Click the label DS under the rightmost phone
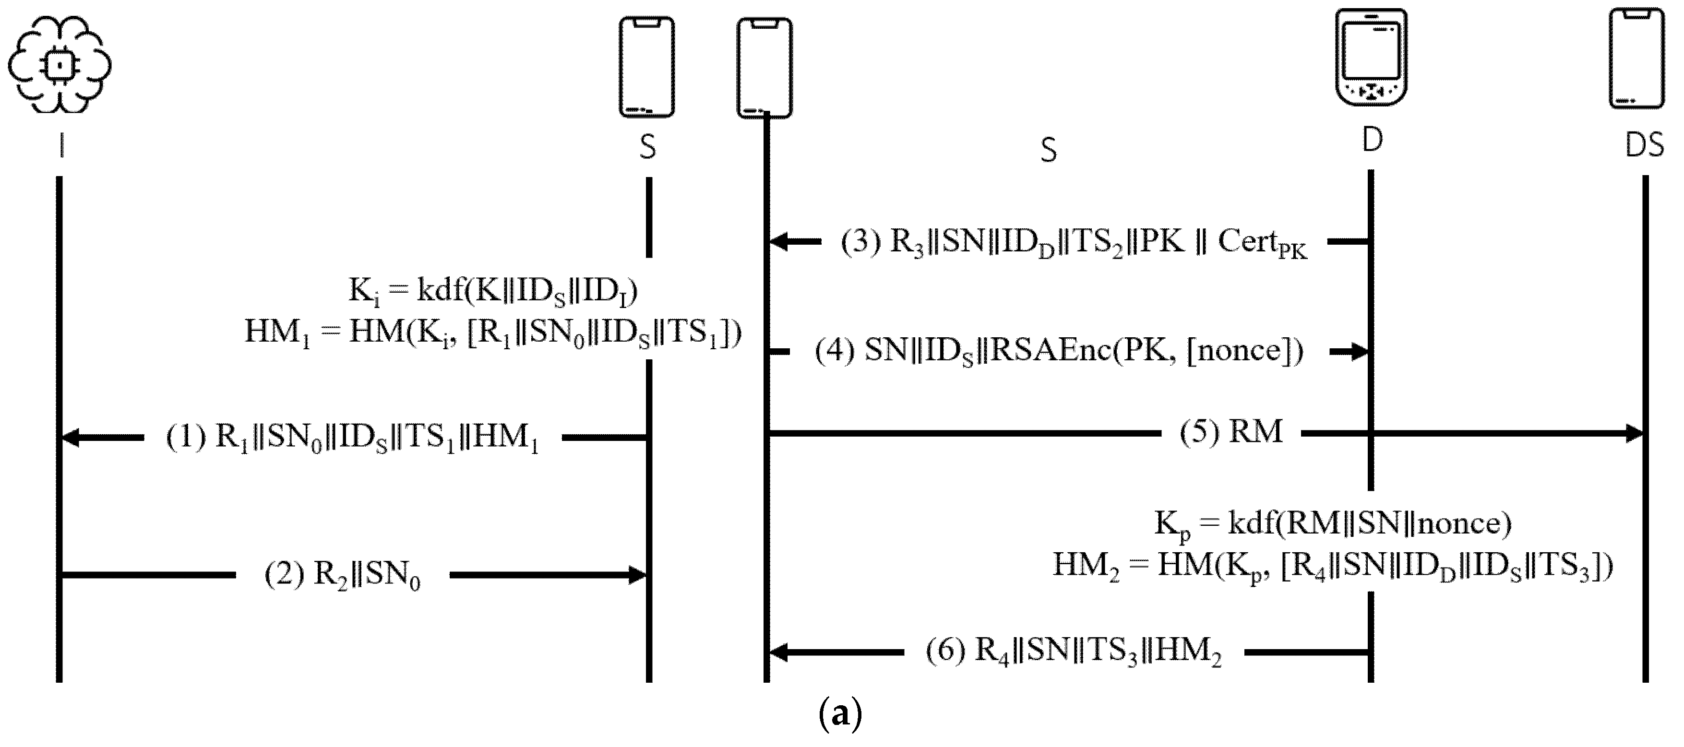1644,145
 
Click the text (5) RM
1231,432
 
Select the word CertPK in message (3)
1262,243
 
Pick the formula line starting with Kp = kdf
1333,524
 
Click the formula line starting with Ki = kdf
493,291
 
